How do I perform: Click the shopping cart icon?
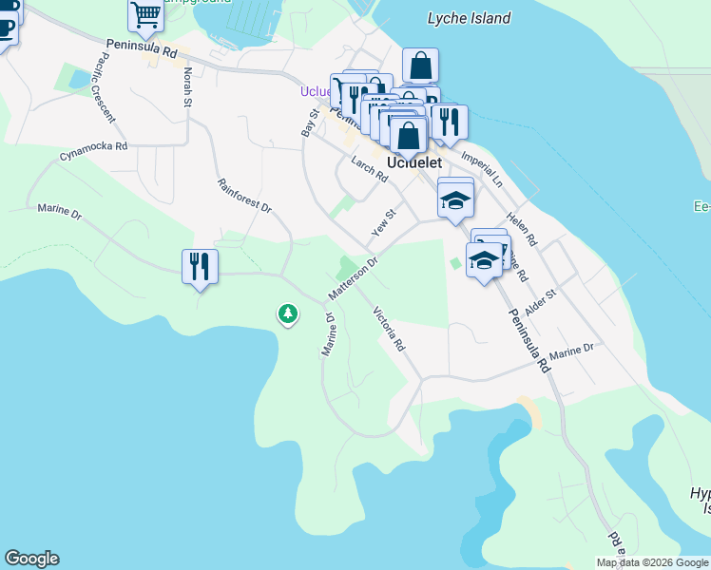tap(145, 14)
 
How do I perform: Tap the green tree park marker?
tap(287, 313)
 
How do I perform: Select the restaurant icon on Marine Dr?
tap(200, 267)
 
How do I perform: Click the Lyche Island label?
tap(469, 18)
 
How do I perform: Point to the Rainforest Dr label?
tap(244, 196)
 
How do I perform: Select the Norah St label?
tap(187, 86)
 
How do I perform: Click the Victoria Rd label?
tap(390, 329)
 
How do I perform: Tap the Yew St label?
tap(382, 224)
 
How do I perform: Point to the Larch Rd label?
tap(370, 169)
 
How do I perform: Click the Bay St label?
tap(308, 122)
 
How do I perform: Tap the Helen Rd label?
tap(522, 228)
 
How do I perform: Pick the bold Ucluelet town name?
tap(414, 162)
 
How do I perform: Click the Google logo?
tap(31, 559)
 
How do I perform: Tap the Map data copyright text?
tap(652, 562)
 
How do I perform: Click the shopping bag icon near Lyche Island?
tap(420, 66)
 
